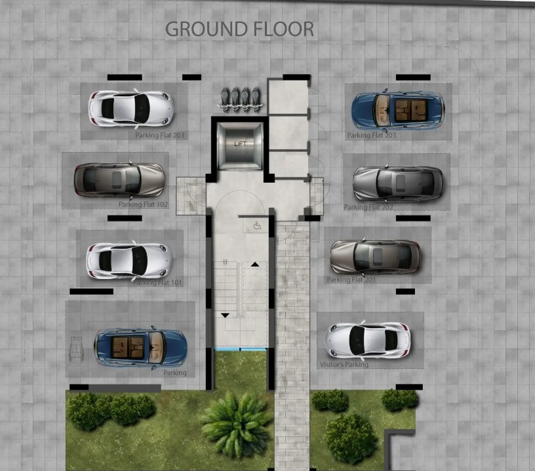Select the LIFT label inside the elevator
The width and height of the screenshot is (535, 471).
[x=241, y=143]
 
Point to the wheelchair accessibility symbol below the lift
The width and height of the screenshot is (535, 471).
[x=256, y=225]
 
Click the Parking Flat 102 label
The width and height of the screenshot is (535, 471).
[x=144, y=204]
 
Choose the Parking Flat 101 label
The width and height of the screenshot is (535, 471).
[x=157, y=283]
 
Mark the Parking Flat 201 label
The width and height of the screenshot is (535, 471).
[x=351, y=280]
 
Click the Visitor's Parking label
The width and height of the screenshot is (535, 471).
[x=344, y=364]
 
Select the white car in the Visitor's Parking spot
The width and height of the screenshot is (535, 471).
[x=368, y=339]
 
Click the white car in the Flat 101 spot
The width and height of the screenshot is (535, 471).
[x=129, y=260]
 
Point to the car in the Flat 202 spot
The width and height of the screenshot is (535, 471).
[x=398, y=183]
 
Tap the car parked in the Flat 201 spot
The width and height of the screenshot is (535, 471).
[x=375, y=256]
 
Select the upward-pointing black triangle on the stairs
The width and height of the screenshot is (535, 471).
[x=255, y=264]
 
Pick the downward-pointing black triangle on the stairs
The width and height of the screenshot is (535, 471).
[x=226, y=315]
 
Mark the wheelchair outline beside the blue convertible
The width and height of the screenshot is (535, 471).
[x=77, y=347]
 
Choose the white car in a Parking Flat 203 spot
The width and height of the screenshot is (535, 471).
[x=131, y=107]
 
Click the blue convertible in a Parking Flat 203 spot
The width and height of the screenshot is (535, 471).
[x=398, y=110]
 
